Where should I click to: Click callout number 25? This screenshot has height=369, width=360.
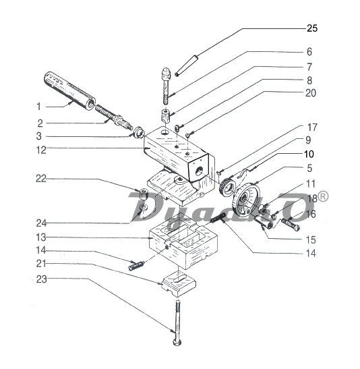[312, 28]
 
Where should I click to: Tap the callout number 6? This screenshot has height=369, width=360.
[309, 52]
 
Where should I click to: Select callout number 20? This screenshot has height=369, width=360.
[311, 93]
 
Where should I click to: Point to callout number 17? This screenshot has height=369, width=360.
[312, 127]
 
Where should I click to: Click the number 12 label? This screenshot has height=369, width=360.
[41, 150]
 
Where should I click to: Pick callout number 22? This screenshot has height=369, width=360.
[41, 179]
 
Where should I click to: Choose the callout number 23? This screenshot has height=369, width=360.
[41, 279]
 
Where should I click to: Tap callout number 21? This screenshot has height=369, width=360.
[41, 264]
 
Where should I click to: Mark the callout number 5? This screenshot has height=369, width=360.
[309, 168]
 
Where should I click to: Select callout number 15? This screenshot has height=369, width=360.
[311, 239]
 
